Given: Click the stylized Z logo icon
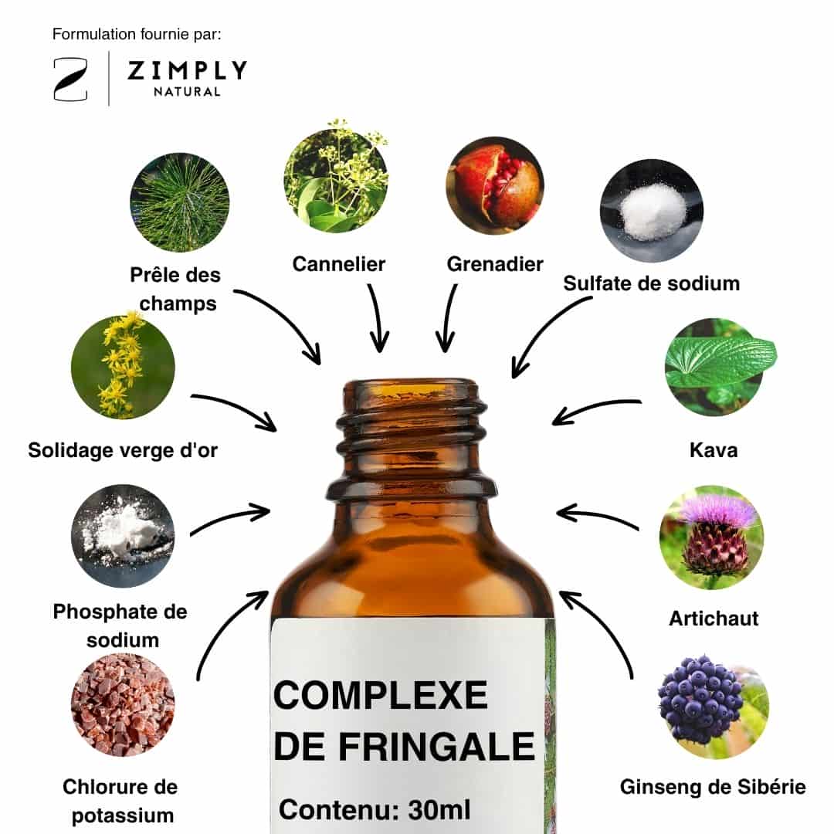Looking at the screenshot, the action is [x=70, y=80].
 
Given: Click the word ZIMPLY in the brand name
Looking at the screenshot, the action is [x=187, y=70].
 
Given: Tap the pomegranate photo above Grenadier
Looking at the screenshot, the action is [x=495, y=185].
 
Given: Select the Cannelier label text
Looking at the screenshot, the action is [x=339, y=264].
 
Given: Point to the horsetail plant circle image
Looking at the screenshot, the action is [x=180, y=202].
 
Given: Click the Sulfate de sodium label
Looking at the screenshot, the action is [x=652, y=283].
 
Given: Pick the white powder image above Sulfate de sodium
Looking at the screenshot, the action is [x=652, y=211].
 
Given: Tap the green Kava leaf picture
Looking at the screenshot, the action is [x=718, y=367].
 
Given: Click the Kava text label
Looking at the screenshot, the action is [x=714, y=450].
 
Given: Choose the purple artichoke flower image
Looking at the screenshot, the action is [x=712, y=537].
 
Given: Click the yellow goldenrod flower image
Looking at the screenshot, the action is [x=123, y=367].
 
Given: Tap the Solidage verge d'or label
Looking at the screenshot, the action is [x=123, y=450].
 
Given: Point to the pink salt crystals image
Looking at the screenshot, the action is [x=123, y=705].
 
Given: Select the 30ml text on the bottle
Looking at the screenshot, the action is [x=439, y=810].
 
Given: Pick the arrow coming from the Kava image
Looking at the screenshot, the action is [x=595, y=411].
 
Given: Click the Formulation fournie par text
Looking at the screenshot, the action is [x=137, y=35].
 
